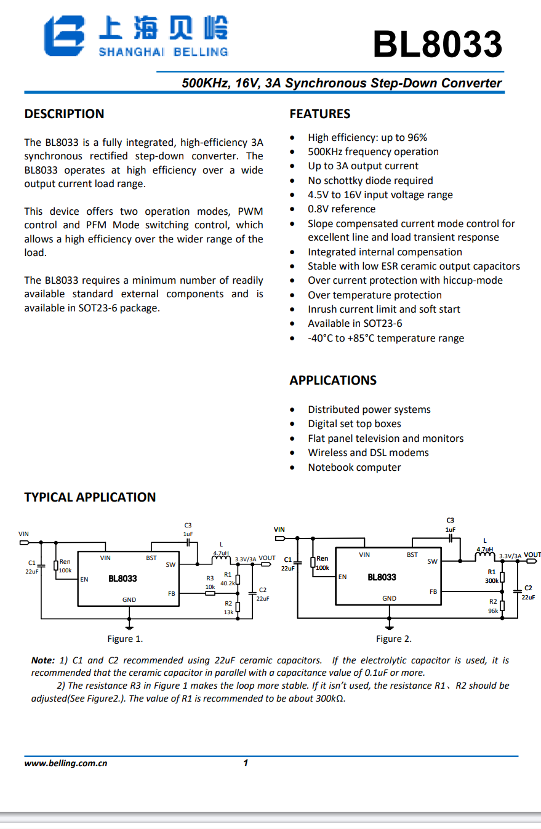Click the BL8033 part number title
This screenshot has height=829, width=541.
coord(438,44)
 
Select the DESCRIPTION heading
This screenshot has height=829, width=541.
coord(64,114)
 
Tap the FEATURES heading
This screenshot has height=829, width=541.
coord(319,114)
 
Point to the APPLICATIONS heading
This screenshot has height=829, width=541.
coord(333,380)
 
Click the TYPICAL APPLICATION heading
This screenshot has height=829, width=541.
coord(90,497)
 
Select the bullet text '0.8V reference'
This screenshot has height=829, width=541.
coord(342,209)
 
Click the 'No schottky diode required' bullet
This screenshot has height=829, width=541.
coord(370,180)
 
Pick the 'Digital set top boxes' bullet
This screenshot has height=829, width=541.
coord(354,424)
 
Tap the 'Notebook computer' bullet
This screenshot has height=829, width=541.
coord(354,467)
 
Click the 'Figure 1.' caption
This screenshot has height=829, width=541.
coord(125,639)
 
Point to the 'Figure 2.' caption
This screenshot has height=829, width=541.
coord(394,639)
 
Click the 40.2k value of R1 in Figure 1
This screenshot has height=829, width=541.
coord(228,583)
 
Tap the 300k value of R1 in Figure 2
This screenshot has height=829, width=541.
coord(492,580)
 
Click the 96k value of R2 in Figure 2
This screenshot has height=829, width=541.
coord(493,611)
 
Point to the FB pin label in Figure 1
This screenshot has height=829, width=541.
coord(171,593)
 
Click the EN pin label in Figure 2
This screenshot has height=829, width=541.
coord(342,577)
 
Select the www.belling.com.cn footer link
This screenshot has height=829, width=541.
coord(66,763)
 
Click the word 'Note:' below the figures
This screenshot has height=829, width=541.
coord(42,660)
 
